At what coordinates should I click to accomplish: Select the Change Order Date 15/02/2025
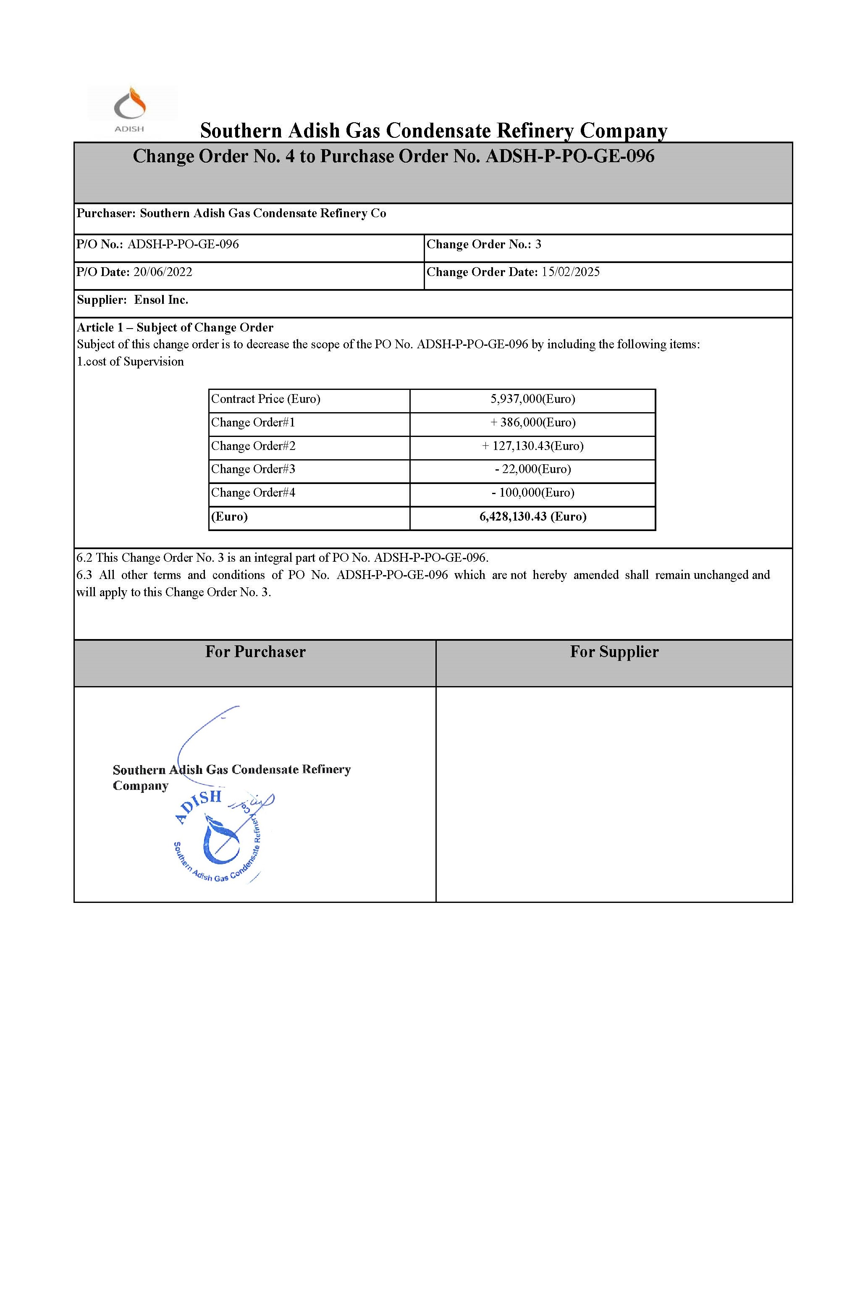tap(570, 272)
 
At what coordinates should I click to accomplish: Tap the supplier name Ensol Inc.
tap(161, 300)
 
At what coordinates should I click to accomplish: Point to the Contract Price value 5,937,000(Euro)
tap(532, 399)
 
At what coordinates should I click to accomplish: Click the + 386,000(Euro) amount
tap(532, 423)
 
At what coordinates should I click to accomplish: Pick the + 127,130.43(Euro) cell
tap(532, 446)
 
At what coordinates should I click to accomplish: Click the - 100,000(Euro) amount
tap(532, 493)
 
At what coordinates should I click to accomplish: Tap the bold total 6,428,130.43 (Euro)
tap(532, 517)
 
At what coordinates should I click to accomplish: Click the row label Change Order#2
tap(253, 446)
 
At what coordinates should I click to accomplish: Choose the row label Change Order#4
tap(253, 493)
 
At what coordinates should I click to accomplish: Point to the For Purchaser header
tap(255, 652)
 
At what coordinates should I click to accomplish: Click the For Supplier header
tap(614, 652)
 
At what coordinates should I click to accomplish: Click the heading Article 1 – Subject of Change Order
tap(175, 328)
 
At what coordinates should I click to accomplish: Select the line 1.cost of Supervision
tap(130, 362)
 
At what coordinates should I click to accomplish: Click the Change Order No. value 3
tap(538, 244)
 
